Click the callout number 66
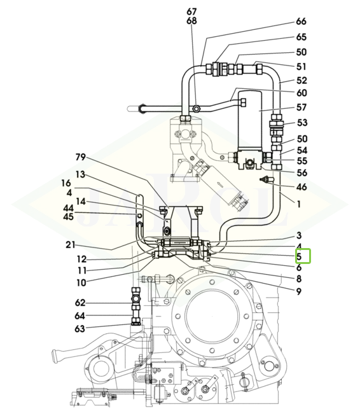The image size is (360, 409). coord(301,22)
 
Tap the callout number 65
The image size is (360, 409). coord(301,37)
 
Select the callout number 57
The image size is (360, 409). coord(301,107)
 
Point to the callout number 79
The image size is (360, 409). coord(81,157)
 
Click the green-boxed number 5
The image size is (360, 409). coord(299,257)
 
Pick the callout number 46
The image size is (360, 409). coord(301,187)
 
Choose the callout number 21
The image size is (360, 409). coord(70,245)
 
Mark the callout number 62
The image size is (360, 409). coord(80,303)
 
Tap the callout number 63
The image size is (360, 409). coord(80,329)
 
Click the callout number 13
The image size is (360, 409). coord(80,174)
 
